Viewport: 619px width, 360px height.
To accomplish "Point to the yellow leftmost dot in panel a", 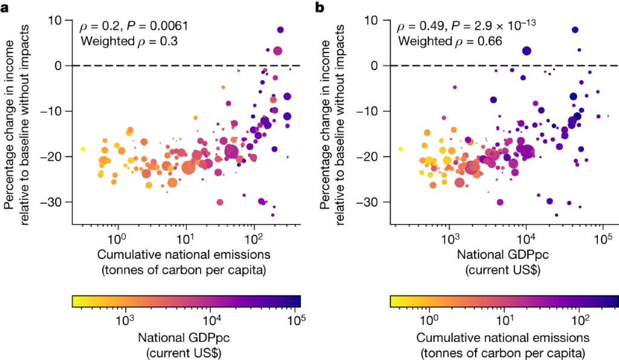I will [83, 149].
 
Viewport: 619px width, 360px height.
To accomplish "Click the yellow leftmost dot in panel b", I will [400, 149].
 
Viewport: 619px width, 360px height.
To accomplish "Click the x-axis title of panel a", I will [184, 259].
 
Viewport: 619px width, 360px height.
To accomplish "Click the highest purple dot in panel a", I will [280, 30].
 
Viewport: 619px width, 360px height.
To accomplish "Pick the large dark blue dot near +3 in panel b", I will [527, 51].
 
